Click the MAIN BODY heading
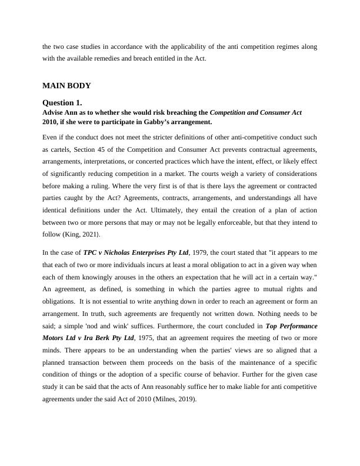pos(66,86)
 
